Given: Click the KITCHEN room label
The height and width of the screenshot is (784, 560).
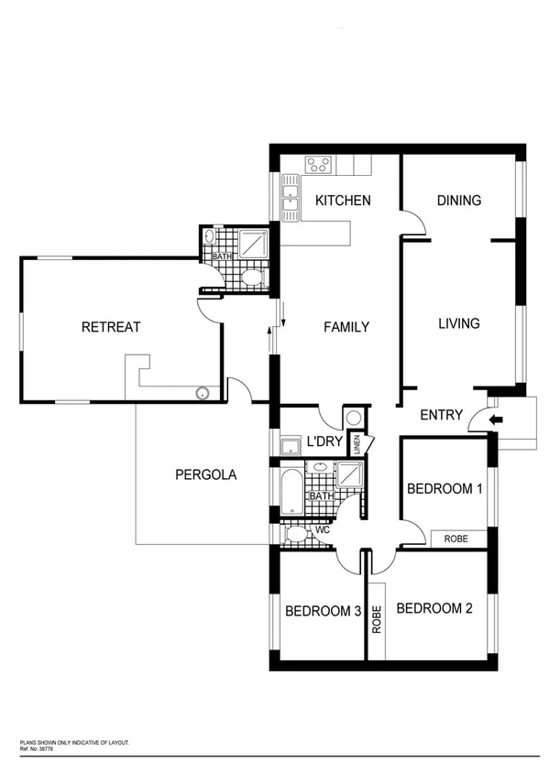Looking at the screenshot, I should coord(343,201).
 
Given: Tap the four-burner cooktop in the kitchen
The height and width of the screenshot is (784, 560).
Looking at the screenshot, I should coord(320,165).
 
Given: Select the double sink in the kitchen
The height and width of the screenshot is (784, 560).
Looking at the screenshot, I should coord(291,200).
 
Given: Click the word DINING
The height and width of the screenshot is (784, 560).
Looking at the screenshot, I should coord(458,201).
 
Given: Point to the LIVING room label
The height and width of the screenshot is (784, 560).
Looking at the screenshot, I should coord(458,323).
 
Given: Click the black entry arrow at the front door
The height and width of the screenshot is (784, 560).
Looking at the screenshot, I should coord(496,419).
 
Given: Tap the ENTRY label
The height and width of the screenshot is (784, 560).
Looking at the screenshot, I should coord(441,415).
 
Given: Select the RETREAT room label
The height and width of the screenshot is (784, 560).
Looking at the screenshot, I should coord(111,327).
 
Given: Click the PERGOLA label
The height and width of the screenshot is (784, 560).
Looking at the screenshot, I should coord(205,474).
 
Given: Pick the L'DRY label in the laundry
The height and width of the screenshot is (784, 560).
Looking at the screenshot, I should coord(324,442).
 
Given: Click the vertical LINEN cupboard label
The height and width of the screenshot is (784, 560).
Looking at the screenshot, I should coord(357,444).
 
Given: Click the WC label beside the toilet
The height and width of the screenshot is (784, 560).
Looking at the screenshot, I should coord(322,529).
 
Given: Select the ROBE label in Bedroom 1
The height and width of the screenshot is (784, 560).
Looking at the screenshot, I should coord(456,539).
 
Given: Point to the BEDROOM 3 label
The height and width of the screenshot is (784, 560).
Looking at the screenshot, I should coord(322,611).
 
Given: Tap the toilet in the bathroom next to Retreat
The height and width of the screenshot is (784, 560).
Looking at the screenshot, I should coord(254,278).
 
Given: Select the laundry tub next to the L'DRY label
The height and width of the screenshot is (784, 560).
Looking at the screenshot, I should coord(291,448).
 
